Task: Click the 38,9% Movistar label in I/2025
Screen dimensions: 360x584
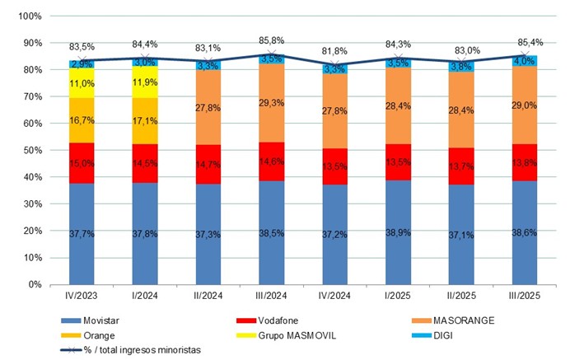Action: pos(398,233)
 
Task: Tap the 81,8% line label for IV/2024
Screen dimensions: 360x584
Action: pos(334,50)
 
